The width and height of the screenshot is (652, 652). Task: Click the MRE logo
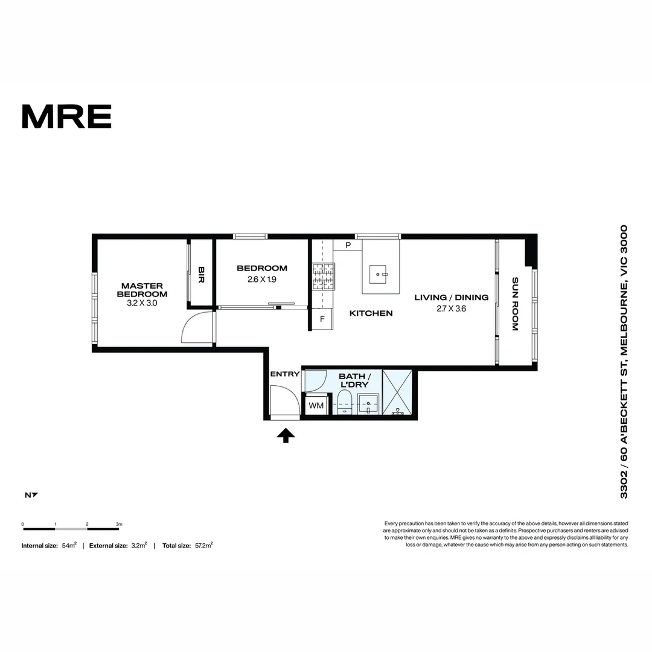pyautogui.click(x=66, y=117)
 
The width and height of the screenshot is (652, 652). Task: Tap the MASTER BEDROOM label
pyautogui.click(x=142, y=290)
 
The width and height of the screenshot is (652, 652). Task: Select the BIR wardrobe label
pyautogui.click(x=202, y=275)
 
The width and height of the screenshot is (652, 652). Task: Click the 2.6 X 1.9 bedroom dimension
pyautogui.click(x=262, y=280)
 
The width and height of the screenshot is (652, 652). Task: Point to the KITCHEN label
pyautogui.click(x=372, y=313)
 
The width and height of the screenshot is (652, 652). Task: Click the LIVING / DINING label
pyautogui.click(x=452, y=298)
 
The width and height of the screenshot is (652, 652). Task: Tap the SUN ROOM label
pyautogui.click(x=515, y=304)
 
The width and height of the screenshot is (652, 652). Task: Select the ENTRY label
pyautogui.click(x=285, y=374)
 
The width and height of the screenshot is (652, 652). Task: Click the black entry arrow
pyautogui.click(x=286, y=435)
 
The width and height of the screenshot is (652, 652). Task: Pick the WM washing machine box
pyautogui.click(x=316, y=406)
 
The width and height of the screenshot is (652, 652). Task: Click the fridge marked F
pyautogui.click(x=322, y=319)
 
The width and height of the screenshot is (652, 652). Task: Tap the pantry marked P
pyautogui.click(x=348, y=245)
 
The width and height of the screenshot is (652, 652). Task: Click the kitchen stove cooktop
pyautogui.click(x=324, y=276)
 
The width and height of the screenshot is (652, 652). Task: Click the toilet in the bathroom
pyautogui.click(x=344, y=403)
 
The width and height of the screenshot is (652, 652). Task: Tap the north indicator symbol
pyautogui.click(x=31, y=496)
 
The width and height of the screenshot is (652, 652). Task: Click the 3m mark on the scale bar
pyautogui.click(x=119, y=525)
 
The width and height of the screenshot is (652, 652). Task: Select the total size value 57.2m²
pyautogui.click(x=203, y=545)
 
